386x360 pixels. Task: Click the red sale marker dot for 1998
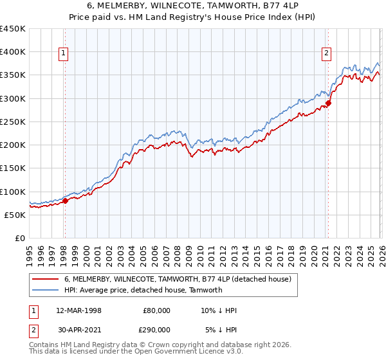[x=65, y=201]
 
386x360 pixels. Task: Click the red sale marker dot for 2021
[x=328, y=103]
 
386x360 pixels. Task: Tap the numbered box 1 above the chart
[x=65, y=54]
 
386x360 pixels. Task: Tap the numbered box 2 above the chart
[x=327, y=54]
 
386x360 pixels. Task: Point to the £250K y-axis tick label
[x=13, y=122]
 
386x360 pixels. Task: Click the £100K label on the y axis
[x=13, y=192]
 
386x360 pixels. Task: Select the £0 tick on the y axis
[x=21, y=238]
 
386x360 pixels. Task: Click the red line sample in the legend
[x=46, y=279]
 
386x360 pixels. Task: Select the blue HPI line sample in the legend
[x=46, y=290]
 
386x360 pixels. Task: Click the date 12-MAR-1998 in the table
[x=79, y=310]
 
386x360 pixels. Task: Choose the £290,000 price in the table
[x=157, y=329]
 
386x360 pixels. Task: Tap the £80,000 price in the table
[x=157, y=310]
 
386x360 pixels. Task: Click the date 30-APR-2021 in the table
[x=79, y=329]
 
